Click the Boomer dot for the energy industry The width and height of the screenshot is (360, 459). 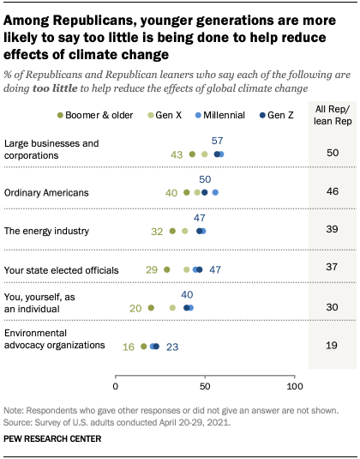pyautogui.click(x=172, y=231)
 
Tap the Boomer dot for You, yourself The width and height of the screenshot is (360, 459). pyautogui.click(x=151, y=307)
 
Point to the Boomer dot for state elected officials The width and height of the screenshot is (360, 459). pyautogui.click(x=167, y=269)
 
